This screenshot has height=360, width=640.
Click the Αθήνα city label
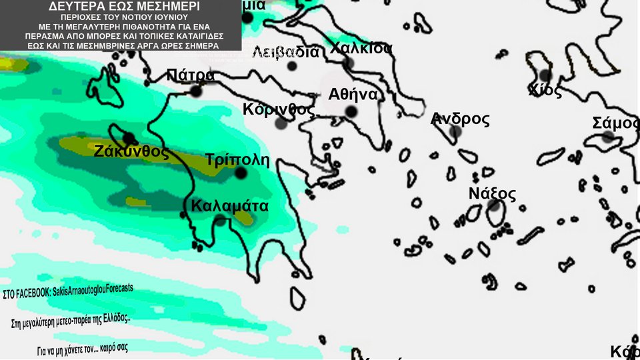point(353,95)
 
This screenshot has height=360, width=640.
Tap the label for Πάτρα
point(191,75)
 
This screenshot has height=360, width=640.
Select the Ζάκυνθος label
point(131,151)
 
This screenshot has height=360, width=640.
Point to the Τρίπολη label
point(237,160)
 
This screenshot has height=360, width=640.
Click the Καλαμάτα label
point(229,206)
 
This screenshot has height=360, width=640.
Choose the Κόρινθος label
point(279,109)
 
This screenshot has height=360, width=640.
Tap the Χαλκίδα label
point(361,49)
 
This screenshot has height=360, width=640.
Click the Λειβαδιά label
point(286,52)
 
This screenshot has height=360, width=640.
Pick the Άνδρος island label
point(460,119)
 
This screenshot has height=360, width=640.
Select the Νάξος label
point(492,194)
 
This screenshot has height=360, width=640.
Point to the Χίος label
point(545,91)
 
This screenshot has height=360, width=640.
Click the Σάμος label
point(615,123)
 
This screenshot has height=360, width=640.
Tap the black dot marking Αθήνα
point(351,111)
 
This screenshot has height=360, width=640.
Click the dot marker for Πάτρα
point(196,91)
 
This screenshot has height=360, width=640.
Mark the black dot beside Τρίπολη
point(241,173)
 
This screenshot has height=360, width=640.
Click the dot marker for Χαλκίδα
point(348,63)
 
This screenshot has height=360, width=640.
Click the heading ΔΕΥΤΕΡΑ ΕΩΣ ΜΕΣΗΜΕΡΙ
point(120,7)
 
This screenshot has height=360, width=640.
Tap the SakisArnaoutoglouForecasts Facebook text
point(68,291)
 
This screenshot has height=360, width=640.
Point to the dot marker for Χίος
point(545,75)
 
